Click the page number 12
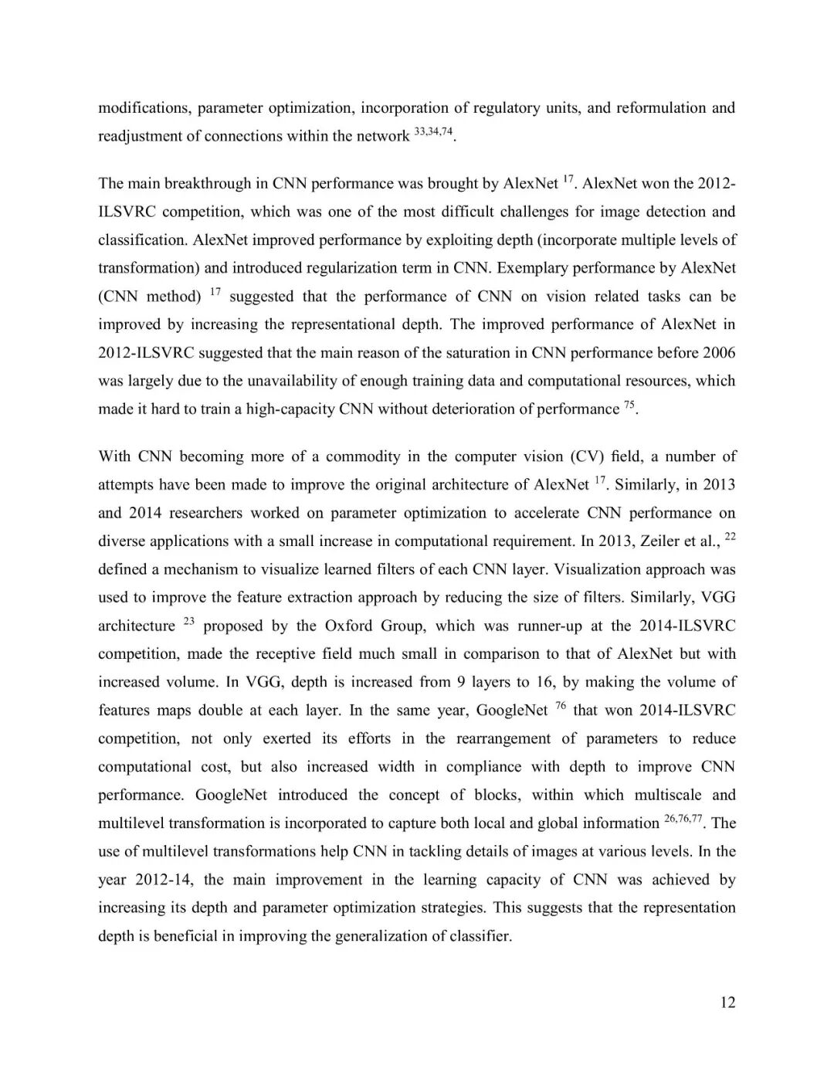[727, 1003]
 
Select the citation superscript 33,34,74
[433, 132]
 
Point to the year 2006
[719, 353]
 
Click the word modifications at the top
[144, 108]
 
